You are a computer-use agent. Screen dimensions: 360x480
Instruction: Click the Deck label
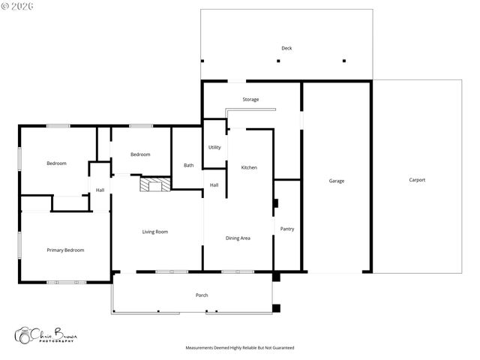point(286,48)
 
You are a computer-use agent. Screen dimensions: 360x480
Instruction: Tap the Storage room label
point(250,100)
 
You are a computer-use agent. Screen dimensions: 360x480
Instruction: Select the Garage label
point(337,181)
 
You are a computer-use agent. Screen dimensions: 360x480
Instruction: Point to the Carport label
point(417,180)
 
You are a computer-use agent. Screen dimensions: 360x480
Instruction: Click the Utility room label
point(214,147)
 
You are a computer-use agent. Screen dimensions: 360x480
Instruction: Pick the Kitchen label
point(249,167)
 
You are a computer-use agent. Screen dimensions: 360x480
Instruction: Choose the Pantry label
point(286,229)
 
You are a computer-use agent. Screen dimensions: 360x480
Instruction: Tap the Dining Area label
point(238,238)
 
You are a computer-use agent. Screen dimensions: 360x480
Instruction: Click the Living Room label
point(155,232)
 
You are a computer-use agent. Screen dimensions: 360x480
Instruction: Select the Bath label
point(188,165)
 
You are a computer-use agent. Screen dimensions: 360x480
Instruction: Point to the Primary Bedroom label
point(65,250)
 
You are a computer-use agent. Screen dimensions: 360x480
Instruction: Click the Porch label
point(202,295)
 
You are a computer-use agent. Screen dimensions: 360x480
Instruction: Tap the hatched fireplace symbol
point(155,184)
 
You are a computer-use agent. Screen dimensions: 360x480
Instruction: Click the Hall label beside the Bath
point(214,185)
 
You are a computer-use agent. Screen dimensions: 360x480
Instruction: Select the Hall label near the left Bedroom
point(100,190)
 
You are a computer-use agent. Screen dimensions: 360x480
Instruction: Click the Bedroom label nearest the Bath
point(140,154)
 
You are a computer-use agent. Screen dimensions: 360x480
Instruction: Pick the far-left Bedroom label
point(56,163)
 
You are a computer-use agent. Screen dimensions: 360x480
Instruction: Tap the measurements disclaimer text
point(240,348)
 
